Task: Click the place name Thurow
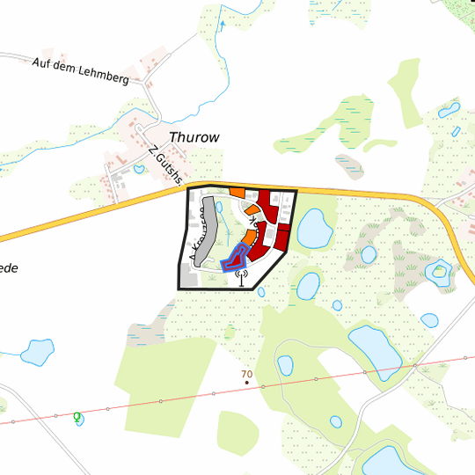click(194, 137)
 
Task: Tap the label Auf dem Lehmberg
click(80, 71)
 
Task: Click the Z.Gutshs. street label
click(165, 164)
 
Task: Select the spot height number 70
click(246, 374)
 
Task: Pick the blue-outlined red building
click(232, 259)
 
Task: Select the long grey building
click(204, 230)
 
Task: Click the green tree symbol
click(77, 415)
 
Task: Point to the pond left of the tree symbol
click(37, 352)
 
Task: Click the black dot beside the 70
click(247, 384)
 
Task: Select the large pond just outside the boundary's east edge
click(313, 230)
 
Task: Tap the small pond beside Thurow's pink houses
click(138, 169)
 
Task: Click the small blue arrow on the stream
click(223, 25)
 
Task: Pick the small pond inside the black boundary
click(219, 208)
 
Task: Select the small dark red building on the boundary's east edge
click(282, 237)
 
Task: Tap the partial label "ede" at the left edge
click(8, 267)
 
